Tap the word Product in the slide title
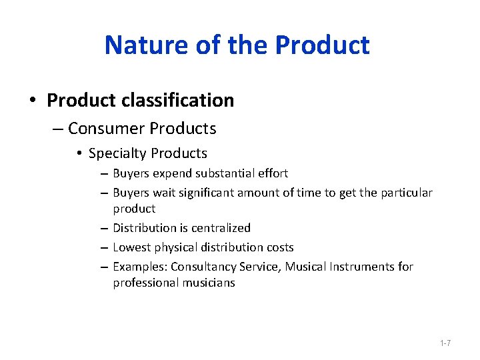click(322, 45)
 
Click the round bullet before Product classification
click(33, 101)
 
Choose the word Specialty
click(117, 153)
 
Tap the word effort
click(272, 173)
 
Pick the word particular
click(404, 193)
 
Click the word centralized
click(219, 228)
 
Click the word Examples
click(140, 267)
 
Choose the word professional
click(142, 283)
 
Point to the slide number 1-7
click(445, 343)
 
